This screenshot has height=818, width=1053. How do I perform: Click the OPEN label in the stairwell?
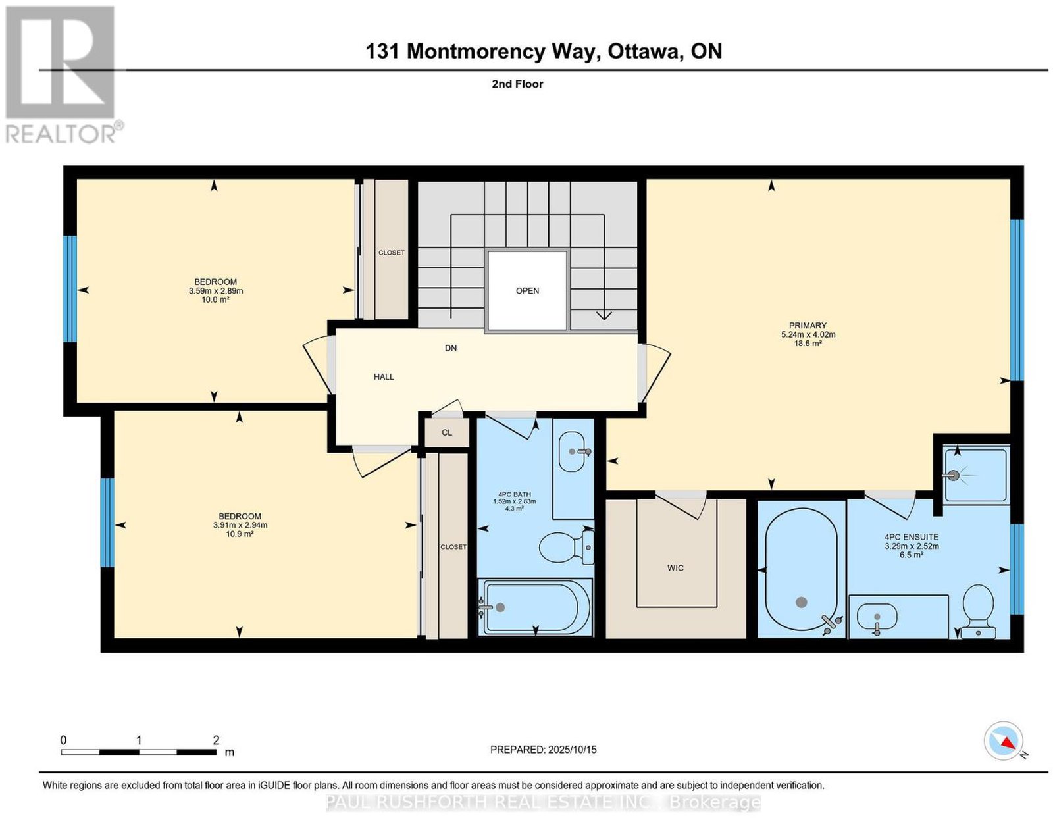coord(527,291)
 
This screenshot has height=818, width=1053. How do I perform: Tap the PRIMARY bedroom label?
coord(808,326)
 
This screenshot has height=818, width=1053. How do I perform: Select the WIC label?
coord(675,568)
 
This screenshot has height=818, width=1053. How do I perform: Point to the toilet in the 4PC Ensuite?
coord(979,611)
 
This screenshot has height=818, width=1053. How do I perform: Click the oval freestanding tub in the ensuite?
coord(800,570)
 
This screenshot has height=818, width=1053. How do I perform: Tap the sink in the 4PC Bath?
coord(575,451)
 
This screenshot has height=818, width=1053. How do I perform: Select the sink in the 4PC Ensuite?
coord(877,619)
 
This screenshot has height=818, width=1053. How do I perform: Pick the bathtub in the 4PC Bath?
coord(535,607)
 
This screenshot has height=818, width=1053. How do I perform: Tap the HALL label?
coord(383,377)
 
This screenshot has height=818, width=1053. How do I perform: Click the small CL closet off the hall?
coord(447,432)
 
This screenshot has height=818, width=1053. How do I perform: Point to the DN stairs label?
coord(451,347)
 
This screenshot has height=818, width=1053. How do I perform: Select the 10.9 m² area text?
coord(240,534)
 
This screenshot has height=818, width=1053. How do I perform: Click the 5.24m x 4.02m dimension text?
coord(808,334)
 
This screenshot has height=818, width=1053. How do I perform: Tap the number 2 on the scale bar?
coord(216,740)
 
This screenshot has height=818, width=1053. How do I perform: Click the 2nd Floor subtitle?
coord(517,84)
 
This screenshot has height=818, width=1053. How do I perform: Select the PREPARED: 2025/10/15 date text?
coord(543,750)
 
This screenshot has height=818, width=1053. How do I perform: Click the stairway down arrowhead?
coord(604,316)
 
